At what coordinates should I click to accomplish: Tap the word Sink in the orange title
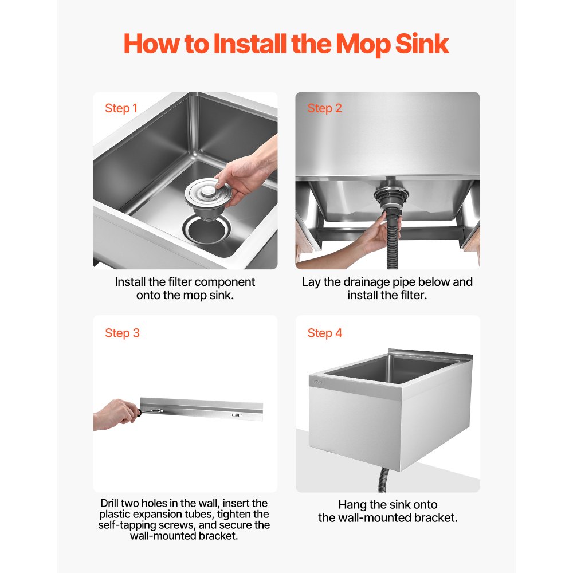click(x=422, y=44)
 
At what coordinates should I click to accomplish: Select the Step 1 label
click(x=121, y=108)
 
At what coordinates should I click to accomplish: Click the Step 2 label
click(x=324, y=108)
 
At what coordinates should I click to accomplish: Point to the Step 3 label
click(x=123, y=333)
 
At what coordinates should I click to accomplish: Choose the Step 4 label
click(x=325, y=333)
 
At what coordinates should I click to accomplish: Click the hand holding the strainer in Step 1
click(x=246, y=172)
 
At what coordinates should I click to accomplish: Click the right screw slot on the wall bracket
click(x=237, y=415)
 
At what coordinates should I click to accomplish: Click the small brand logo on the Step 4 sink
click(x=318, y=382)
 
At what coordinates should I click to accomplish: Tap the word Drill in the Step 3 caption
click(x=109, y=503)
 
